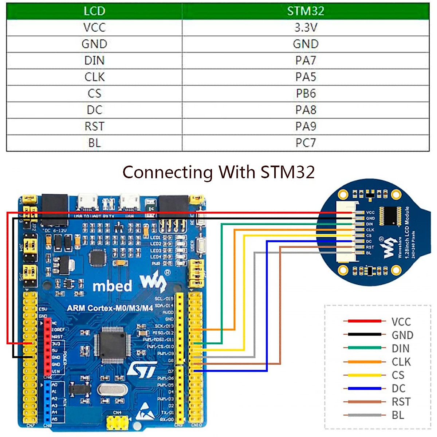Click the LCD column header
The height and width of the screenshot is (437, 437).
(x=94, y=11)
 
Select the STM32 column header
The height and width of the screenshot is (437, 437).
(x=306, y=11)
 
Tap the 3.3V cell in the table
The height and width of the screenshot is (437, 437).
(x=306, y=27)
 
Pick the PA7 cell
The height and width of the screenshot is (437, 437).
(x=306, y=60)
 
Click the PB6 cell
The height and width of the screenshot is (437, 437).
(x=306, y=94)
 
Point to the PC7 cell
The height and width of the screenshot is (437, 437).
(x=306, y=143)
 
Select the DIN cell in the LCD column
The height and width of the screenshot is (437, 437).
(x=94, y=60)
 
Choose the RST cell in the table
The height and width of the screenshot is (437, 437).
(x=94, y=126)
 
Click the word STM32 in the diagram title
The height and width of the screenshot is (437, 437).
(x=288, y=172)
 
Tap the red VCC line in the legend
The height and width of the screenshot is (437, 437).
(x=364, y=321)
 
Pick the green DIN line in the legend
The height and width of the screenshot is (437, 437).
(x=364, y=348)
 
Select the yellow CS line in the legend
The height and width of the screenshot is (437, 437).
(x=364, y=375)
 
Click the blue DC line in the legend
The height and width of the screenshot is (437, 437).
(x=364, y=388)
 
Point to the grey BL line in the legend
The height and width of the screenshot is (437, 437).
(x=364, y=415)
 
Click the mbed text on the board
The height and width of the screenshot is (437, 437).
(x=112, y=286)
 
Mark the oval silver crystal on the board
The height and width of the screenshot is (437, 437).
(x=113, y=390)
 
